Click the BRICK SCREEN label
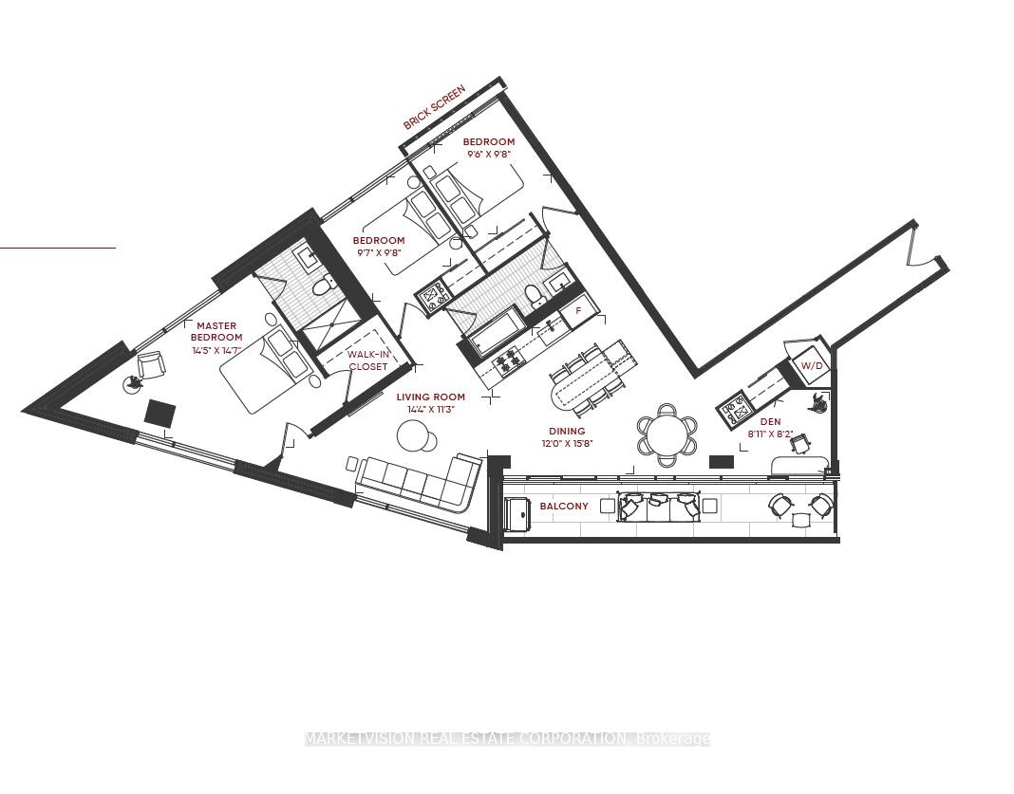(434, 107)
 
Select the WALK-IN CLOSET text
(367, 360)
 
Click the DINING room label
(567, 432)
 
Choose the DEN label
(769, 421)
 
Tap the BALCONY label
(564, 507)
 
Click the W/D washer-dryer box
(812, 365)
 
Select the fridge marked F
(577, 311)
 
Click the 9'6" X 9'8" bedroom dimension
(488, 153)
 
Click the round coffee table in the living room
(416, 436)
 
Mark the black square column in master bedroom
(160, 413)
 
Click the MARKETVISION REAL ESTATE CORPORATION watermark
(507, 739)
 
